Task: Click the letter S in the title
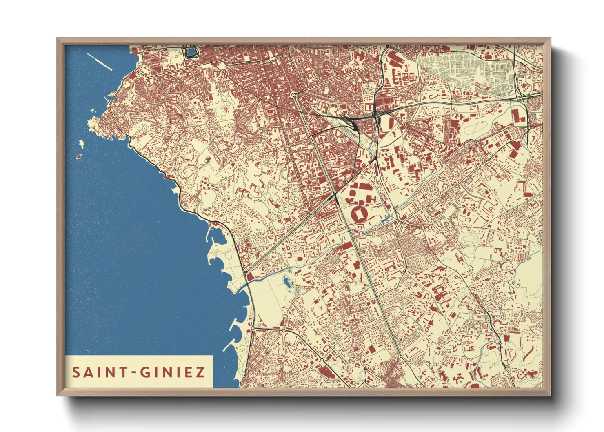[76, 372]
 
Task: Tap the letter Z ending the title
[200, 372]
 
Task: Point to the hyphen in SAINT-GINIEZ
[133, 373]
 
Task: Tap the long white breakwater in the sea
[99, 62]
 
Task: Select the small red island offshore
[79, 156]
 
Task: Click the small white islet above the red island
[81, 143]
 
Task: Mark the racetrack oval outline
[476, 127]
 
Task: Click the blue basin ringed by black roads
[191, 52]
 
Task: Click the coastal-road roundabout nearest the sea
[253, 328]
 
